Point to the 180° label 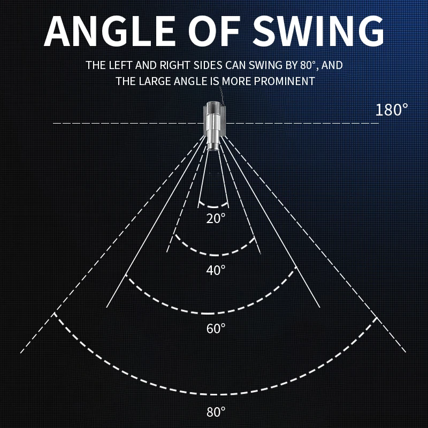pyautogui.click(x=392, y=110)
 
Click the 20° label pyautogui.click(x=216, y=218)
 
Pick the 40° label pyautogui.click(x=216, y=270)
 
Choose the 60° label pyautogui.click(x=216, y=328)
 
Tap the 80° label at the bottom pyautogui.click(x=216, y=412)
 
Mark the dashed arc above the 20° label pyautogui.click(x=214, y=207)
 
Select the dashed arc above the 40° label pyautogui.click(x=214, y=254)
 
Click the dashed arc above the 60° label pyautogui.click(x=214, y=313)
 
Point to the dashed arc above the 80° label pyautogui.click(x=214, y=394)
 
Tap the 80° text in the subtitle pyautogui.click(x=307, y=65)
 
